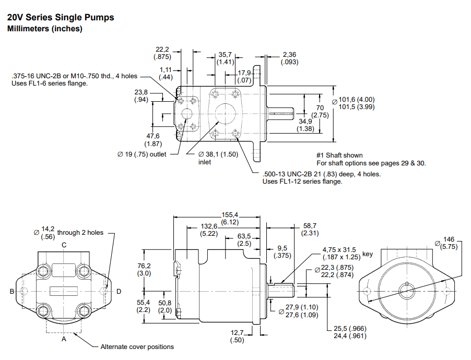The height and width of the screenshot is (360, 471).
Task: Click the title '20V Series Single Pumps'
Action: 61,18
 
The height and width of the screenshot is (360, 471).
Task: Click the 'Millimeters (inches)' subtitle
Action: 44,29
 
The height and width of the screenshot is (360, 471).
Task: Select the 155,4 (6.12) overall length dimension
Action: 230,218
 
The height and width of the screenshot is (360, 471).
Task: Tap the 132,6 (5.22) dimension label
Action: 209,230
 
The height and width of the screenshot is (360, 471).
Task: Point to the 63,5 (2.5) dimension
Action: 245,239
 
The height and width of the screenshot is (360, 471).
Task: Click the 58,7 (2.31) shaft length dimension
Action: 310,230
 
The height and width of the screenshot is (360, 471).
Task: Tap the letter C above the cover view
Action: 64,245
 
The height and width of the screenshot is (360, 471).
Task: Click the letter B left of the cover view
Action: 11,292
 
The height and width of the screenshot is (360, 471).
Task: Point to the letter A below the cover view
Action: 64,339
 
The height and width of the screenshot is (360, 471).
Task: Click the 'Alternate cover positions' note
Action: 137,347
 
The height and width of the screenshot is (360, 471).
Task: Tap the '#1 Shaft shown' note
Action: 339,155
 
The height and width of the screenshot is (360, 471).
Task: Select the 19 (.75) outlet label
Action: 142,154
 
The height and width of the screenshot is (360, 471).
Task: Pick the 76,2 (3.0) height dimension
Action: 144,270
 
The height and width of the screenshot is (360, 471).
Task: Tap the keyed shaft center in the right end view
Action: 407,291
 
